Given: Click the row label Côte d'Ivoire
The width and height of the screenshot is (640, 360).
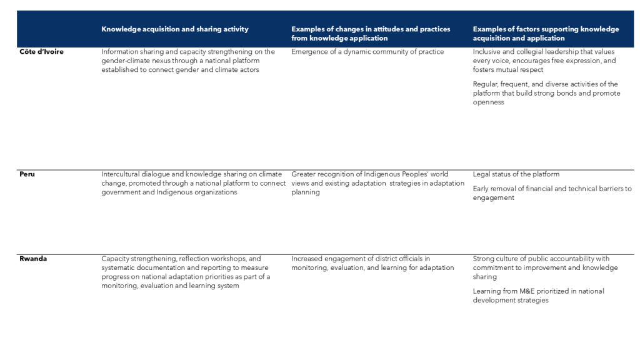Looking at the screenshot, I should (x=41, y=52).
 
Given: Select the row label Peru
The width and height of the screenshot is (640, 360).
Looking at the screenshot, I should (x=27, y=174).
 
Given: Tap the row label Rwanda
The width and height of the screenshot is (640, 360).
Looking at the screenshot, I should (x=32, y=259).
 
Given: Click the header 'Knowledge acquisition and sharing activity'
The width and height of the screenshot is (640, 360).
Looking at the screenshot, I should (x=174, y=29).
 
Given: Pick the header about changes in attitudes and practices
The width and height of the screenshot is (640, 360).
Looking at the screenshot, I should (x=371, y=34).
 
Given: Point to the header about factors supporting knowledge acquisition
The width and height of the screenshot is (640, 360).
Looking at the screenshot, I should (x=546, y=34).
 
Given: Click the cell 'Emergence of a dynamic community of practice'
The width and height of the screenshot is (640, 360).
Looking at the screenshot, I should (x=367, y=52).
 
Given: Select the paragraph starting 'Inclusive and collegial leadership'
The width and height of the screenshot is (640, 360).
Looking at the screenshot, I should (x=544, y=61).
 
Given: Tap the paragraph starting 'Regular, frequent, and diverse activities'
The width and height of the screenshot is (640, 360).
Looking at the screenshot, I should (x=546, y=93).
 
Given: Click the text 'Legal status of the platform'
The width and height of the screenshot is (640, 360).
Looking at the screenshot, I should (x=516, y=174).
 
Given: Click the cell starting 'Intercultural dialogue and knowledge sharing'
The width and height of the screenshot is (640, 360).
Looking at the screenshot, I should (x=193, y=183).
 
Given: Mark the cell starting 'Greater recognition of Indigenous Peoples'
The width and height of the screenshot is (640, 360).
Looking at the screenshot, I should (x=377, y=183).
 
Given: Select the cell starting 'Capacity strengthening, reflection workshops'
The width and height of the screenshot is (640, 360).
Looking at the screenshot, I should (x=186, y=272).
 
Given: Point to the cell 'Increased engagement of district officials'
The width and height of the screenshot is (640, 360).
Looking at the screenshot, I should (x=372, y=263).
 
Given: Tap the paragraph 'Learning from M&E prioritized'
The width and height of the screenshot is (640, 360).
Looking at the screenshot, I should (x=538, y=296).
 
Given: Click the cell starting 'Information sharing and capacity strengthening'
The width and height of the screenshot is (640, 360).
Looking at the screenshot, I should (x=188, y=61).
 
